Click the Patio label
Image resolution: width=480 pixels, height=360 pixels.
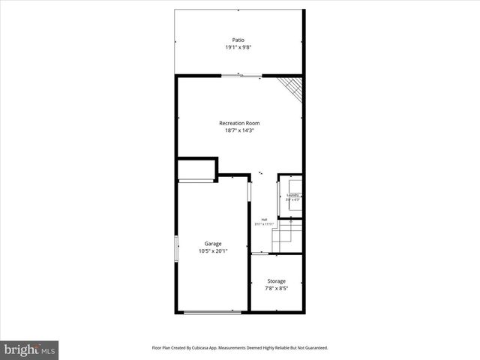click(238, 40)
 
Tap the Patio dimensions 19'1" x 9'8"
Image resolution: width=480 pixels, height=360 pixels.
click(238, 48)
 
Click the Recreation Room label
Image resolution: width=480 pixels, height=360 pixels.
click(239, 123)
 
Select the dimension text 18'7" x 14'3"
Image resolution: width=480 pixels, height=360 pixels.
click(239, 130)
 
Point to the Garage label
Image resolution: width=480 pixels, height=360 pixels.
click(212, 244)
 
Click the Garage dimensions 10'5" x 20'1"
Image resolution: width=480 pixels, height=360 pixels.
click(212, 251)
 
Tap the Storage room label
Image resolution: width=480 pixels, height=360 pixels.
click(276, 281)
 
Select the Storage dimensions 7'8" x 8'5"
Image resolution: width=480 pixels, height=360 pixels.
click(276, 289)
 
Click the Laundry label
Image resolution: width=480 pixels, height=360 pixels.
click(292, 196)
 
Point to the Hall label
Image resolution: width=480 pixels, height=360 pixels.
click(264, 220)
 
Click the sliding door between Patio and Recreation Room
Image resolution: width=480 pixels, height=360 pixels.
click(241, 75)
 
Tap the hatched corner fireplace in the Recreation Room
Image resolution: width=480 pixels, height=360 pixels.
click(291, 88)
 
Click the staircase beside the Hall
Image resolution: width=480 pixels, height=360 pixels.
click(286, 235)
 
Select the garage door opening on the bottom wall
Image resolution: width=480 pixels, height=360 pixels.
click(213, 312)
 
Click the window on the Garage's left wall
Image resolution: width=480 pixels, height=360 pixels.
click(177, 248)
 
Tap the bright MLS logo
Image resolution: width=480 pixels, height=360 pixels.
click(30, 349)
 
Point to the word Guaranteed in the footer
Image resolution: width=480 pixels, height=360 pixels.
click(314, 348)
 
